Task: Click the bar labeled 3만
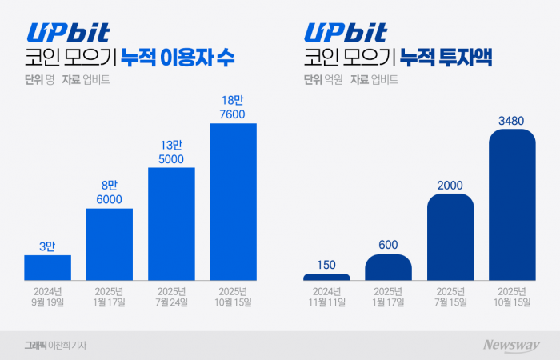click(x=48, y=267)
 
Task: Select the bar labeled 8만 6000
click(x=110, y=244)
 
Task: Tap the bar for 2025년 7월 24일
click(x=171, y=224)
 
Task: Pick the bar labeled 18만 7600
click(x=233, y=202)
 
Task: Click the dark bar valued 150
click(x=326, y=277)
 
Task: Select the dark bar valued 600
click(x=388, y=267)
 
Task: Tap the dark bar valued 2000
click(x=450, y=237)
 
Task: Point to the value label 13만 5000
click(x=171, y=151)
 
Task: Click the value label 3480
click(x=512, y=121)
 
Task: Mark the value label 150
click(x=326, y=264)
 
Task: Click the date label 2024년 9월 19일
click(x=48, y=295)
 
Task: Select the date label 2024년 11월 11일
click(x=326, y=295)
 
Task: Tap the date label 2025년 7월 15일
click(x=450, y=295)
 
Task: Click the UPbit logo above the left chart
click(x=69, y=32)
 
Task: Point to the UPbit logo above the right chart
click(x=345, y=32)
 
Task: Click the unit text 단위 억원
click(x=322, y=80)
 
